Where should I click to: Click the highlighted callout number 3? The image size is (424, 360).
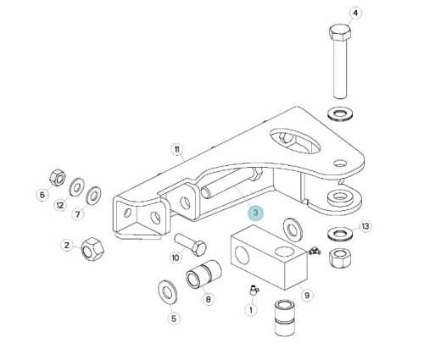(x=255, y=213)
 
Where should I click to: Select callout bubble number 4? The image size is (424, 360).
(x=355, y=13)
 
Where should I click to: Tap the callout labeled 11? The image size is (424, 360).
(x=177, y=149)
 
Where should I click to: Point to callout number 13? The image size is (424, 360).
(x=365, y=226)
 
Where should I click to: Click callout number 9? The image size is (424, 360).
(x=307, y=296)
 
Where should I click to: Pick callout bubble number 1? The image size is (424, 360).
(x=251, y=310)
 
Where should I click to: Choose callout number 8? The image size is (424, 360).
(x=208, y=299)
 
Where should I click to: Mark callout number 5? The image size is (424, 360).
(x=174, y=318)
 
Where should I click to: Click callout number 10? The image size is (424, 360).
(x=176, y=258)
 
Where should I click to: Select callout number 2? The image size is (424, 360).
(x=67, y=245)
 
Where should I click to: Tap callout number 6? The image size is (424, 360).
(x=42, y=195)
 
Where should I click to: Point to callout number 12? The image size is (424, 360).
(x=60, y=205)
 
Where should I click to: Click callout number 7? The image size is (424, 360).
(x=78, y=214)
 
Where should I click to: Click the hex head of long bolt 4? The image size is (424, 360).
(x=340, y=32)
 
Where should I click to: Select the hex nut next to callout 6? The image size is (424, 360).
(x=58, y=178)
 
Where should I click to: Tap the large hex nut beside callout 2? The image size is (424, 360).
(x=92, y=249)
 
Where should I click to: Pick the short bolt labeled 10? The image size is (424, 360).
(x=190, y=244)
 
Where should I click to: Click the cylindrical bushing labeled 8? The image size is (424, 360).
(x=204, y=274)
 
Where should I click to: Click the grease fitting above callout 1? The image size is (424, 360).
(x=254, y=290)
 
